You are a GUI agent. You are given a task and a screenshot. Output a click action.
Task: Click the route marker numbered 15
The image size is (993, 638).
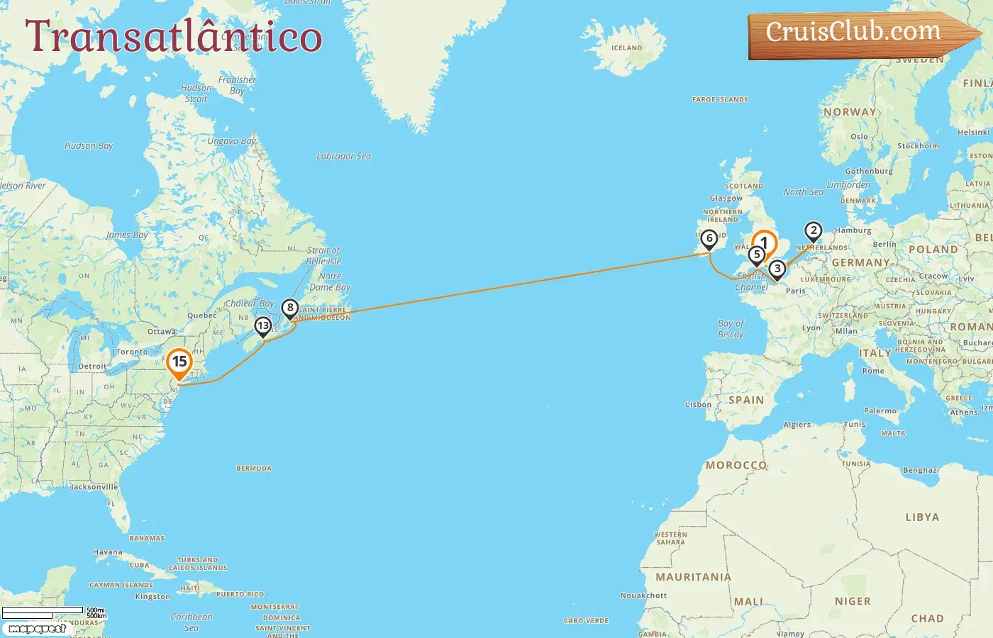[179, 362]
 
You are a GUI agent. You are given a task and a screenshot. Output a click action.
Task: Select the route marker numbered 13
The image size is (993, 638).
[263, 326]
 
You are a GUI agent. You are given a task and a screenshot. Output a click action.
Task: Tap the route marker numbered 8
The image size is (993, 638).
[289, 308]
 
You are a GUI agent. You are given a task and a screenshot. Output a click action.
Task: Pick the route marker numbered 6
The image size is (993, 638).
[709, 239]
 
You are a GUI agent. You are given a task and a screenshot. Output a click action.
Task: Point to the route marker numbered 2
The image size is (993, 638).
[814, 231]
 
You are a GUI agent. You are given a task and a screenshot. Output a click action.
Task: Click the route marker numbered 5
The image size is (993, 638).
[757, 255]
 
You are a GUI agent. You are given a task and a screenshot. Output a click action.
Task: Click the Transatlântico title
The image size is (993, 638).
[174, 36]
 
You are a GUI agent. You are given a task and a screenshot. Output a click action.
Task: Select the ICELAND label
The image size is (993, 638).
[626, 48]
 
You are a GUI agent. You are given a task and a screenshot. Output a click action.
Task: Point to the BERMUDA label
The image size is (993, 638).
[254, 469]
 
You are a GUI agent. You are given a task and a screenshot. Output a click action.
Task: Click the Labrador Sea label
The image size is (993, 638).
[343, 156]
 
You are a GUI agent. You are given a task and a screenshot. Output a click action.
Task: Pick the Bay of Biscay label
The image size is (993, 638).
[731, 329]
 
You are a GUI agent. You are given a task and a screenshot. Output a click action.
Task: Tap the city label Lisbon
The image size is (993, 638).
[699, 405]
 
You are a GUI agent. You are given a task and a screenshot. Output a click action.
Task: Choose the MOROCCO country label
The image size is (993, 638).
[736, 465]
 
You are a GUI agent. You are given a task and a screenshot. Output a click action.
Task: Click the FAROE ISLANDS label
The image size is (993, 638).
[720, 100]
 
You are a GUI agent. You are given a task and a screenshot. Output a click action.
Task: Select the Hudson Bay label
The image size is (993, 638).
[89, 146]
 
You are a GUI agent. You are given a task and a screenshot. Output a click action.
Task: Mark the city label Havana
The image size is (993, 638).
[108, 552]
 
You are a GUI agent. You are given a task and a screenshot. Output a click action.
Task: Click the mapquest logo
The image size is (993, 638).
[37, 629]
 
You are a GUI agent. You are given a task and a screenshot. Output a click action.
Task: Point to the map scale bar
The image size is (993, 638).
[43, 612]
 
